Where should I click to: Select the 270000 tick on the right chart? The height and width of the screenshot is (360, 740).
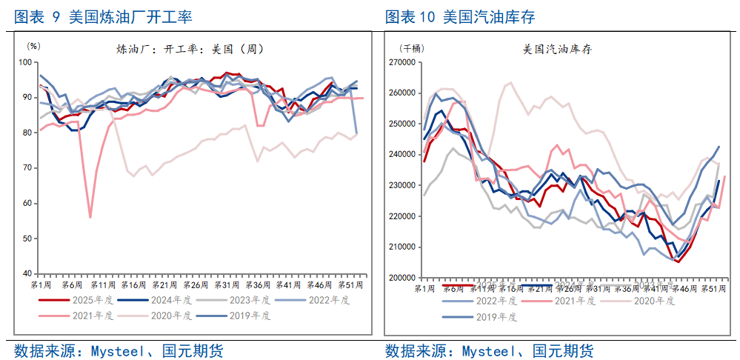[x=401, y=63]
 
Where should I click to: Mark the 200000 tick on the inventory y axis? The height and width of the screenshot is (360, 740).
[x=401, y=278]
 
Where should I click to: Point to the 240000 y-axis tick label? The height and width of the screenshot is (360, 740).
[x=401, y=155]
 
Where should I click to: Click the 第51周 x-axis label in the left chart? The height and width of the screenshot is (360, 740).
[x=350, y=285]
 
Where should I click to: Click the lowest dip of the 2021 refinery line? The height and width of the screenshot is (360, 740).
[x=90, y=217]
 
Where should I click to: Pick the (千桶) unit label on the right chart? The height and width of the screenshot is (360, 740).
[x=411, y=48]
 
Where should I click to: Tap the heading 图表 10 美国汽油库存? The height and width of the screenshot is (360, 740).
[x=460, y=17]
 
